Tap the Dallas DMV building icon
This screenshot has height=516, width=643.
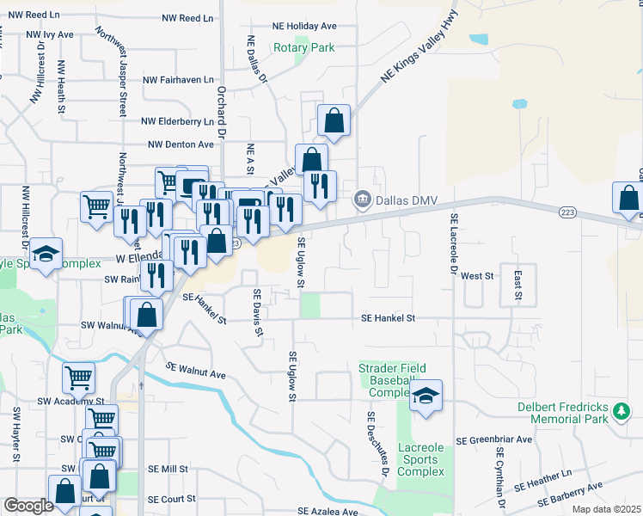363,200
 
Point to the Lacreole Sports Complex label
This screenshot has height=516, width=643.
421,460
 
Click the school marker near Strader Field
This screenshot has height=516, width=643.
425,396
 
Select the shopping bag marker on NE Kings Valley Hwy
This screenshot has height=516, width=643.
334,121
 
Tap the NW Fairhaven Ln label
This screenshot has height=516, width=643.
178,79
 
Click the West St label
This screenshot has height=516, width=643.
476,276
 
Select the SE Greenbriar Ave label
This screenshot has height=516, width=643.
494,439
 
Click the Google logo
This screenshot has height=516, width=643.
29,505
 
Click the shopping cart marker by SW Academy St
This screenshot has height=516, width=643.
78,377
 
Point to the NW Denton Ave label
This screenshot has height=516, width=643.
181,144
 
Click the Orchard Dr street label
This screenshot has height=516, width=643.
221,113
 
